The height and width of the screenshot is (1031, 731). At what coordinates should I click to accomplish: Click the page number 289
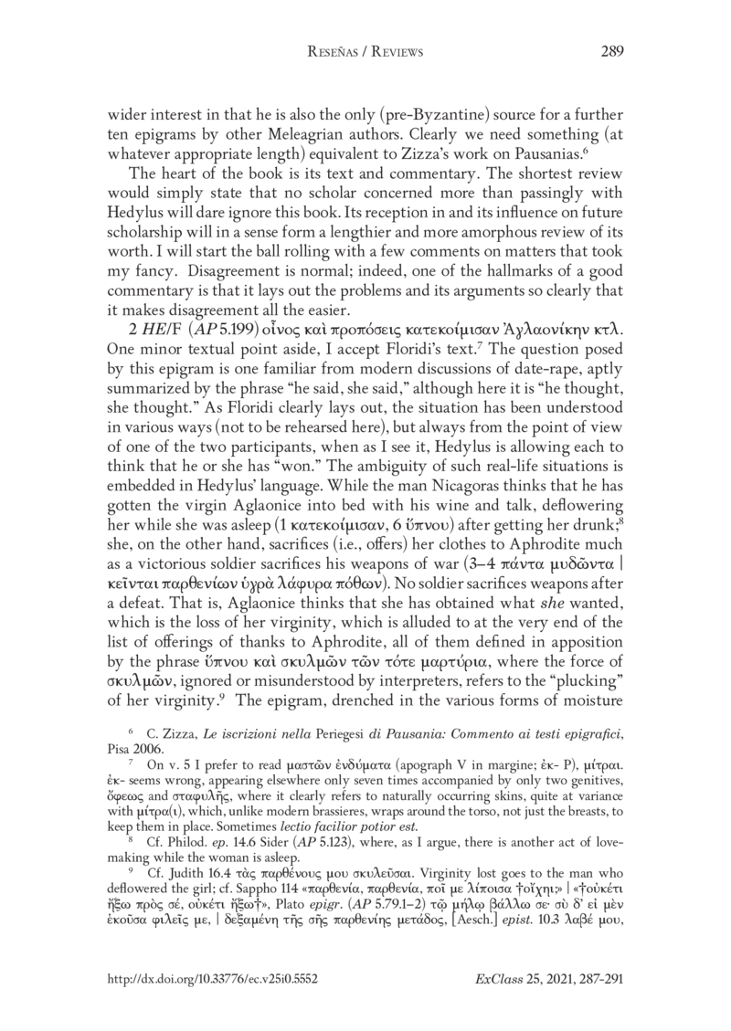point(610,53)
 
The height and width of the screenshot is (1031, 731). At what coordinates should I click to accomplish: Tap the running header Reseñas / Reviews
point(365,53)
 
